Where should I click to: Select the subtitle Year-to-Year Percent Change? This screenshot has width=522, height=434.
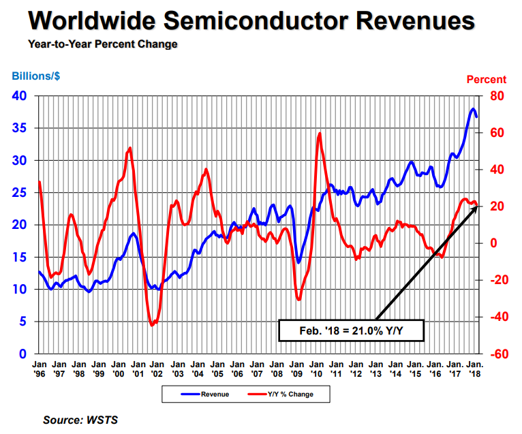point(103,44)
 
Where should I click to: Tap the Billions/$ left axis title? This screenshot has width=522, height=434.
point(35,76)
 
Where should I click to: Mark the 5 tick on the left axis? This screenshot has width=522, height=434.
point(22,322)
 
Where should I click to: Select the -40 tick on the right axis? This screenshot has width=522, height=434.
point(494,317)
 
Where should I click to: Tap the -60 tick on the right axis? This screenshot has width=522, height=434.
point(494,354)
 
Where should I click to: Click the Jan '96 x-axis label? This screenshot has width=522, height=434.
point(39,369)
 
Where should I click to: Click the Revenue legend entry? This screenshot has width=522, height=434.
point(205,394)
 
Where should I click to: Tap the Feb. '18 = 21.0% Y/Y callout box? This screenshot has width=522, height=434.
point(352,330)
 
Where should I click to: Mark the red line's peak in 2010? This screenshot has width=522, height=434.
point(320,133)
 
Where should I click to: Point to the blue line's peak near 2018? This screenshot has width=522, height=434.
point(473,109)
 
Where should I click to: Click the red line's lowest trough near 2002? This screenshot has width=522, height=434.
point(153,325)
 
